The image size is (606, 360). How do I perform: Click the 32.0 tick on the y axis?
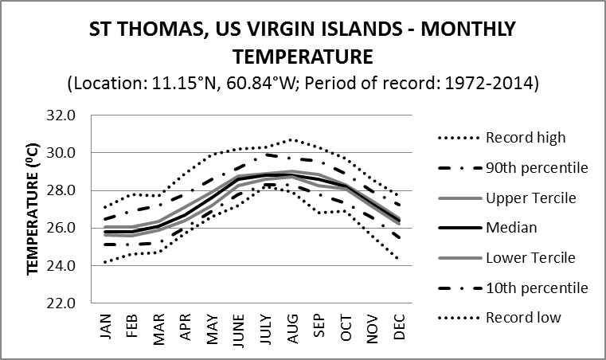pyautogui.click(x=61, y=115)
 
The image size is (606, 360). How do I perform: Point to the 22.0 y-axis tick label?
pyautogui.click(x=61, y=303)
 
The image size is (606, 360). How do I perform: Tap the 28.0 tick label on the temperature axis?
pyautogui.click(x=61, y=190)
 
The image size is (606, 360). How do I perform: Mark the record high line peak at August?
pyautogui.click(x=293, y=139)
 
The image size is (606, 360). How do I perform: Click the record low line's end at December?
pyautogui.click(x=400, y=259)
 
